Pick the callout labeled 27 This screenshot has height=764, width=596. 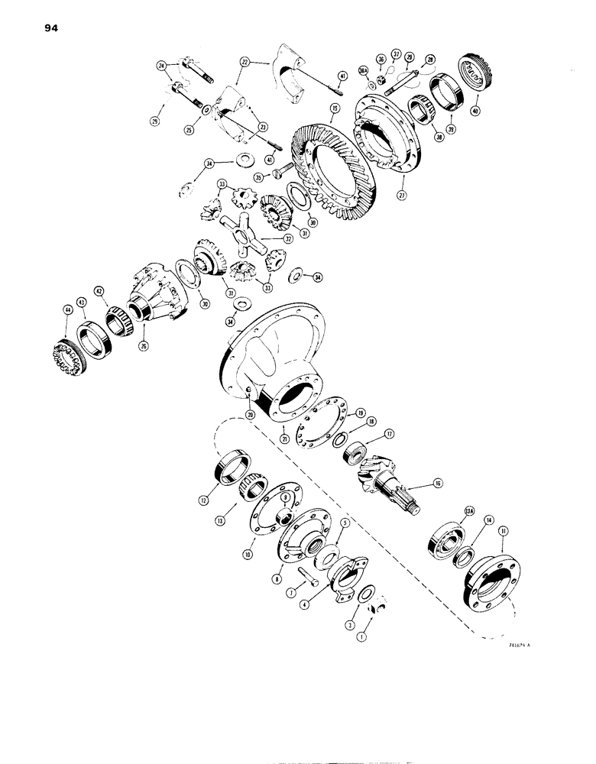pyautogui.click(x=403, y=195)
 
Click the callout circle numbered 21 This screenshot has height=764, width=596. pyautogui.click(x=283, y=439)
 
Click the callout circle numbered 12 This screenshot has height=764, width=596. pyautogui.click(x=204, y=500)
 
